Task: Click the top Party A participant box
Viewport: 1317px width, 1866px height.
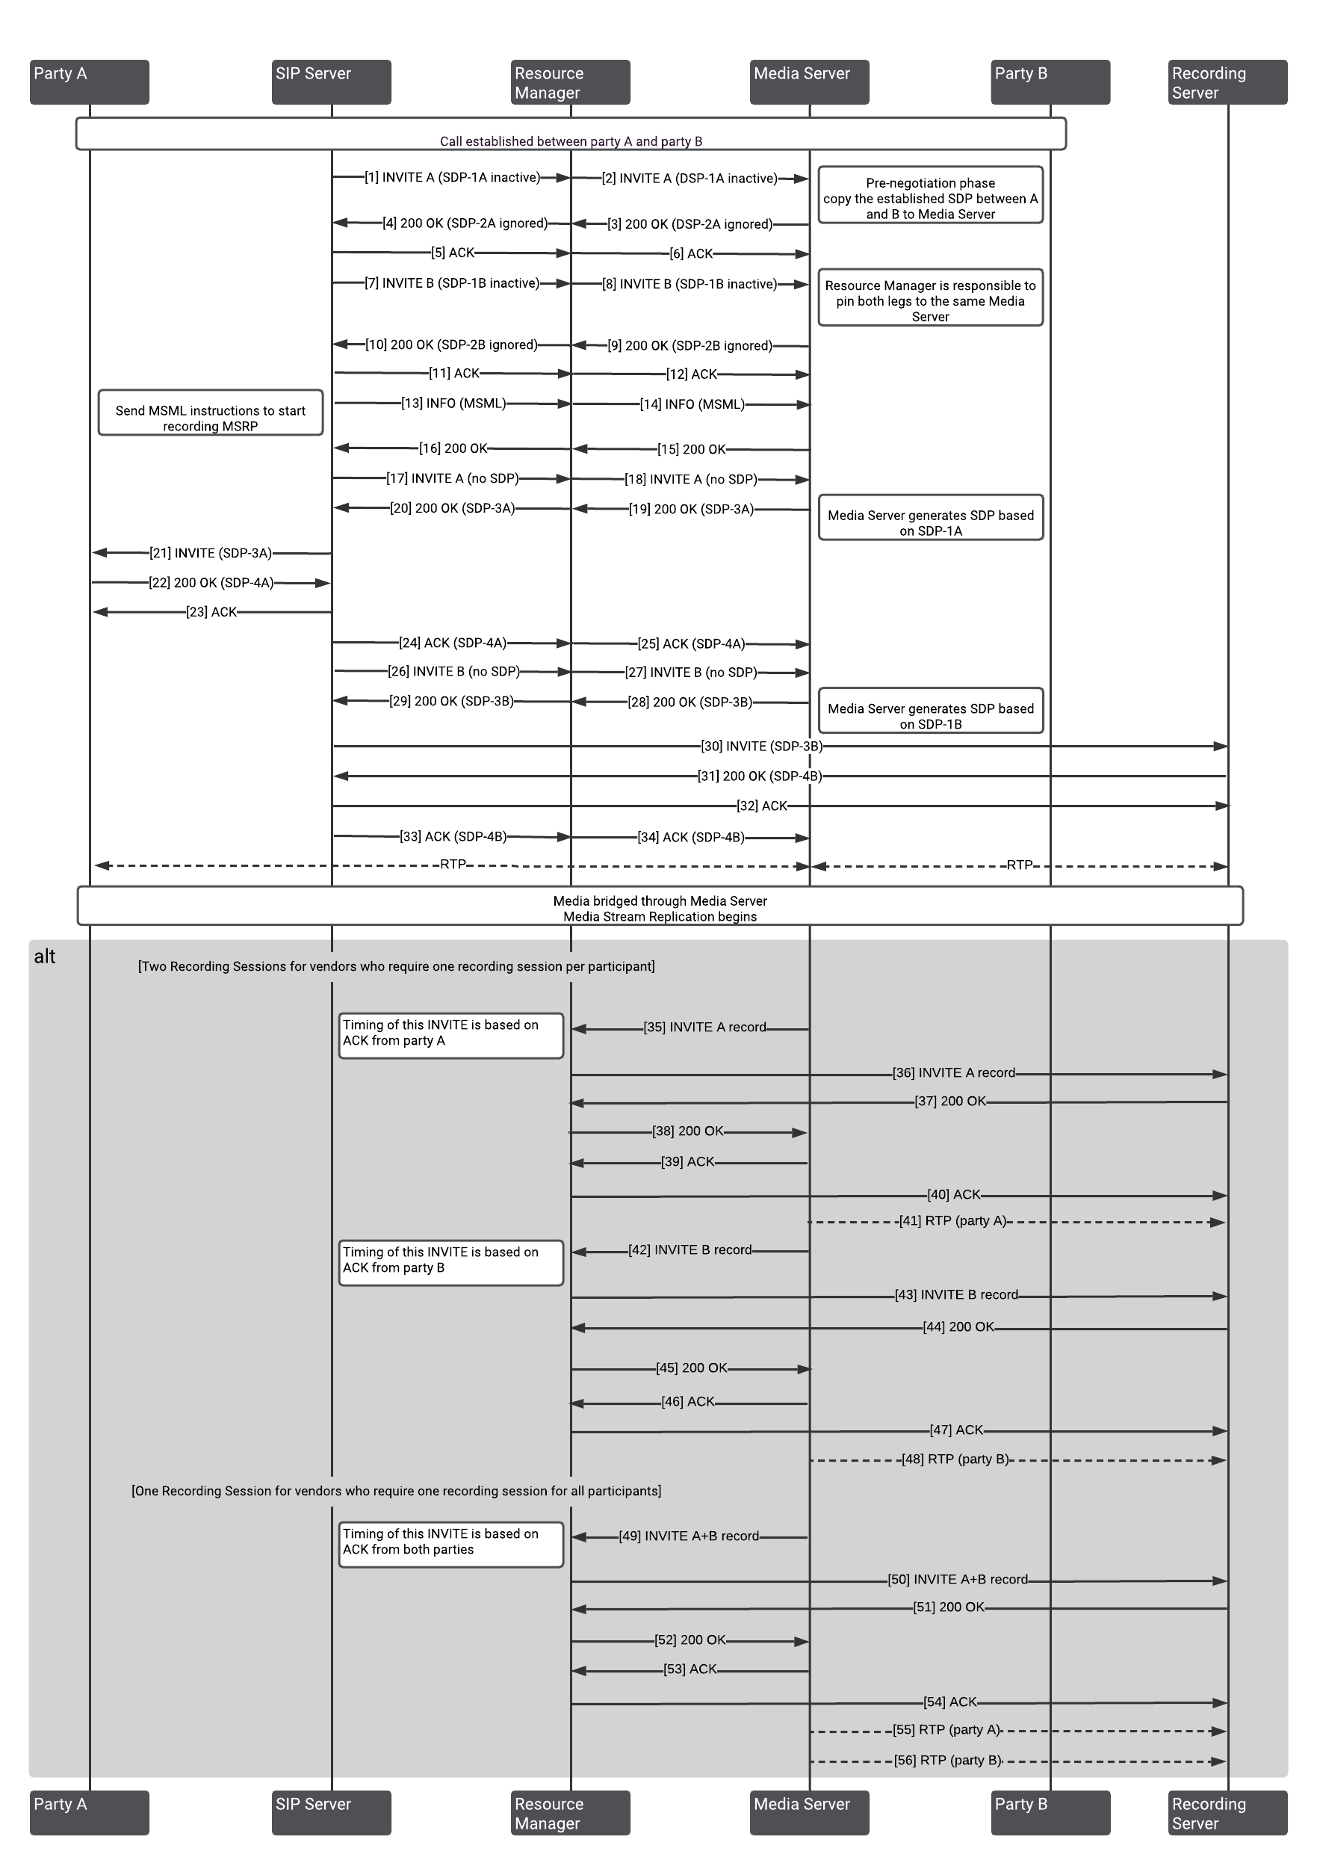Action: pos(90,82)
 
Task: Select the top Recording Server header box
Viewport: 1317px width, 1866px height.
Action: pos(1227,82)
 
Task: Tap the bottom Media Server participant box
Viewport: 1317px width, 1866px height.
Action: pos(809,1813)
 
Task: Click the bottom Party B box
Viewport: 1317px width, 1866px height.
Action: pos(1050,1813)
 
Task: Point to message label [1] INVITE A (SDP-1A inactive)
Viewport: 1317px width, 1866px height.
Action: pos(452,177)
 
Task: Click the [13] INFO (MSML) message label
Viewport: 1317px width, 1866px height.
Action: pos(453,403)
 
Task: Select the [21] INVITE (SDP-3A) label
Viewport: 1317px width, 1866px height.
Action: pos(211,553)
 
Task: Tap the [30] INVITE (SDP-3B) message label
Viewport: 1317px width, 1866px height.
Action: pos(761,746)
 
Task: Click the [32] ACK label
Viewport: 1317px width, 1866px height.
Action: pos(761,806)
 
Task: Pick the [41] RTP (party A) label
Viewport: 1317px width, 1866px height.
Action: pos(952,1220)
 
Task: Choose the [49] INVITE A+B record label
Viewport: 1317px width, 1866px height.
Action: pos(688,1536)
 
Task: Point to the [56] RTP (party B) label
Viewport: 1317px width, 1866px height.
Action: pos(947,1761)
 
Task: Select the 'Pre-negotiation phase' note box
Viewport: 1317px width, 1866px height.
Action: pos(930,196)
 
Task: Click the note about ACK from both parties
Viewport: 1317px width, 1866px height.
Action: pos(451,1544)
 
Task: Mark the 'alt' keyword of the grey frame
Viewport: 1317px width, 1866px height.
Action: pos(45,957)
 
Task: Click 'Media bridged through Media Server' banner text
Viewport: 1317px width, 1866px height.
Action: pos(660,901)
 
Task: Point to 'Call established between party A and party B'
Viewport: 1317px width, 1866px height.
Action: pos(571,140)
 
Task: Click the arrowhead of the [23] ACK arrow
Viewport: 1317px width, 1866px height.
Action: pos(99,611)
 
